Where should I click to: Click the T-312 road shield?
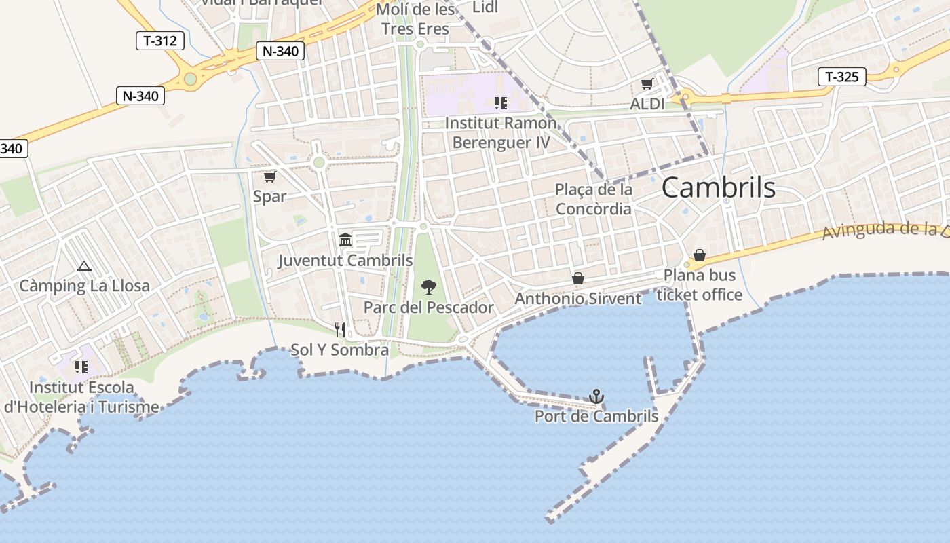click(x=160, y=41)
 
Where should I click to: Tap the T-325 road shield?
click(x=842, y=77)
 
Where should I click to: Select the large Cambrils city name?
click(x=718, y=188)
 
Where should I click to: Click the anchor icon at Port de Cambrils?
click(x=596, y=396)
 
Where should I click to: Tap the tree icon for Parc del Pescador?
click(x=428, y=287)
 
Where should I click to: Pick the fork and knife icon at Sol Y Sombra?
click(x=340, y=330)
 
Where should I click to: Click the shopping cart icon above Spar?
click(x=269, y=177)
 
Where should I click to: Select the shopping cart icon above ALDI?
click(x=647, y=84)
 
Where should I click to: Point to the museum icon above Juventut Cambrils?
click(x=345, y=240)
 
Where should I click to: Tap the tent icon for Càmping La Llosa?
click(x=83, y=266)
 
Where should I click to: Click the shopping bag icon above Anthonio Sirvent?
click(x=578, y=278)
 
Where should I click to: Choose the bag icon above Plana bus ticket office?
click(x=699, y=255)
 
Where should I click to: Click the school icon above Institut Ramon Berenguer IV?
click(x=501, y=103)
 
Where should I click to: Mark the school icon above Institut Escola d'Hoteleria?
click(x=81, y=367)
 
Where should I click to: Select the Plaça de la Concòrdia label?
click(x=594, y=199)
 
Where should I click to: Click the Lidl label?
click(x=484, y=7)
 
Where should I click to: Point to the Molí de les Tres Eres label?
click(x=415, y=19)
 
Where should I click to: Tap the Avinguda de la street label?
click(x=879, y=230)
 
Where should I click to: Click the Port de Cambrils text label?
click(x=596, y=416)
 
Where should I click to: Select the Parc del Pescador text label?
click(x=429, y=307)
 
